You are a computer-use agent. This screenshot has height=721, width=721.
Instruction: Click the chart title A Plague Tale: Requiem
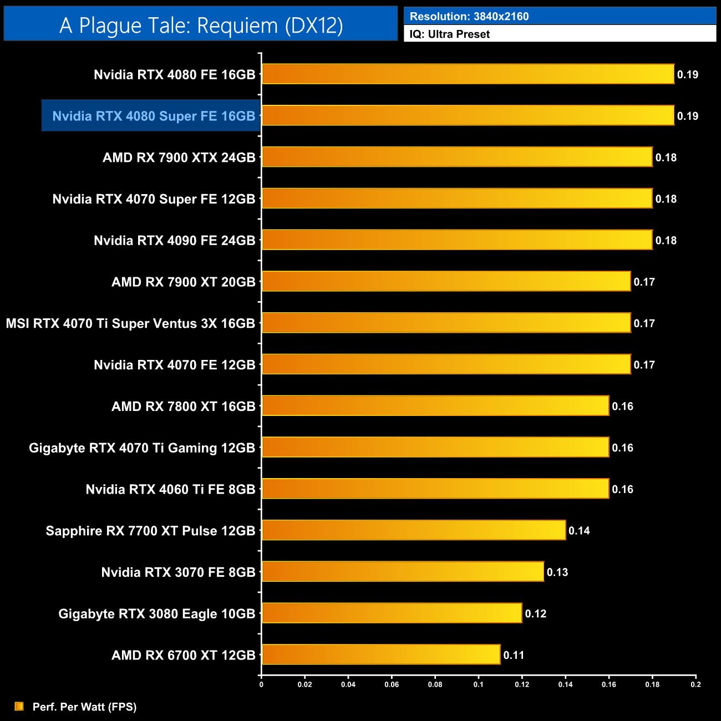[201, 26]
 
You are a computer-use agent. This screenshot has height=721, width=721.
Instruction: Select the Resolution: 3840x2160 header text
[469, 17]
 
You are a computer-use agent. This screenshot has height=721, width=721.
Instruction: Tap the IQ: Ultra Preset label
[449, 34]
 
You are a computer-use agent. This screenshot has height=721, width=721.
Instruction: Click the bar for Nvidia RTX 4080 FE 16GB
[468, 74]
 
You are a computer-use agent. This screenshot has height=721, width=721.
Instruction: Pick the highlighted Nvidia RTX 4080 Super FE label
[154, 116]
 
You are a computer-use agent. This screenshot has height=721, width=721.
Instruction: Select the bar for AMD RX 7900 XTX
[456, 157]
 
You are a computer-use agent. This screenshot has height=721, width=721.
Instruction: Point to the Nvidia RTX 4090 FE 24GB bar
[456, 240]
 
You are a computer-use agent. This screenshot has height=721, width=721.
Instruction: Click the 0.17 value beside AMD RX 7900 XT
[644, 282]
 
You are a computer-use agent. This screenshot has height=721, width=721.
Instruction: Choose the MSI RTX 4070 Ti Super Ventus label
[130, 323]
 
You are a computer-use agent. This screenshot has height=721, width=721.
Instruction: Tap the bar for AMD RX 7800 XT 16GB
[435, 406]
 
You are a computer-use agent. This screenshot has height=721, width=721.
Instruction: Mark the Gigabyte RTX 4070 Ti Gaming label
[142, 448]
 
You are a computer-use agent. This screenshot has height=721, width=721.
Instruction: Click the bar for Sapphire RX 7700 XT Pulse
[413, 530]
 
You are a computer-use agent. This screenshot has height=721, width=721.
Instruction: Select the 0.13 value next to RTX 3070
[557, 572]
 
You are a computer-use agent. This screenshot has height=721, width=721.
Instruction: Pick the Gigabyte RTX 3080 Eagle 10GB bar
[392, 613]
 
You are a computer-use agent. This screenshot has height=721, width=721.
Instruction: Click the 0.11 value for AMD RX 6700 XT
[514, 655]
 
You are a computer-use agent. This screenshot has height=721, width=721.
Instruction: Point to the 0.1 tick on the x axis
[478, 684]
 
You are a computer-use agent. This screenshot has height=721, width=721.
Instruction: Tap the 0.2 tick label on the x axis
[695, 684]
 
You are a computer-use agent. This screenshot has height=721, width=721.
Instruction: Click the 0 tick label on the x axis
[261, 684]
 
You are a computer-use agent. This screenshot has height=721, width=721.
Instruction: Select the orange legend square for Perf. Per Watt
[19, 706]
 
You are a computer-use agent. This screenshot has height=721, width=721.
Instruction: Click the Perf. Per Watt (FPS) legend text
[84, 707]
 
